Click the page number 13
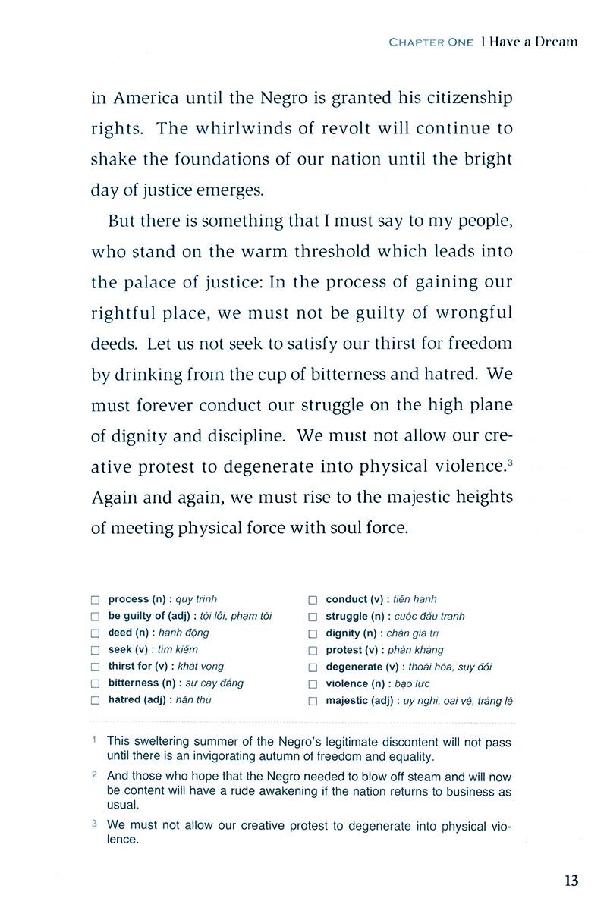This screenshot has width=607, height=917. tap(571, 881)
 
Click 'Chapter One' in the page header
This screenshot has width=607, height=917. tap(431, 42)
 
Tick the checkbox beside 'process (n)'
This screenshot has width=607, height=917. tap(95, 600)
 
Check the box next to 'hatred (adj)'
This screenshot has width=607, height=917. tap(95, 701)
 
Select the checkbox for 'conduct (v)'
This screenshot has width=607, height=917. tap(313, 600)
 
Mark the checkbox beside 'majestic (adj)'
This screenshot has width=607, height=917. tap(313, 702)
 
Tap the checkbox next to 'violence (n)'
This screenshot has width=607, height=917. tap(313, 684)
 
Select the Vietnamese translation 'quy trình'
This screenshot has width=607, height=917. tap(196, 599)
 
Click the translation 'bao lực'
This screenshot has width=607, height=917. tap(408, 684)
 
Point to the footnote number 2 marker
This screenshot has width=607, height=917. tap(93, 775)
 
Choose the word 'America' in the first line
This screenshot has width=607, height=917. tap(148, 98)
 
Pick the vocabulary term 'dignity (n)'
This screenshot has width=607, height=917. tap(354, 633)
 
